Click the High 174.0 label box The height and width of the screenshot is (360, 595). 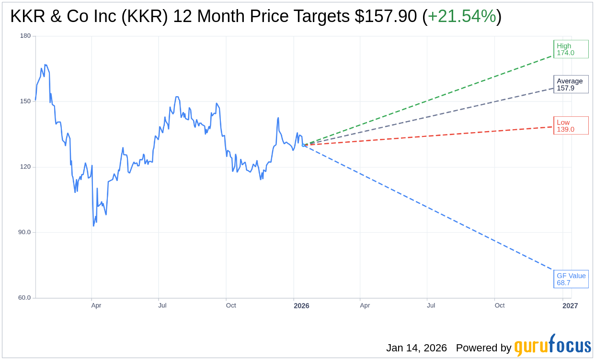tap(571, 49)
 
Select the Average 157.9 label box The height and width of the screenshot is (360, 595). tap(571, 84)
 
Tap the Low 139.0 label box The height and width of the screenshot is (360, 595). tap(571, 126)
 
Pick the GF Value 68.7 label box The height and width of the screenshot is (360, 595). tap(571, 279)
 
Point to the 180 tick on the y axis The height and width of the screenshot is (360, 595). tap(25, 36)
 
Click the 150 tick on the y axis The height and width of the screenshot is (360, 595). tap(25, 101)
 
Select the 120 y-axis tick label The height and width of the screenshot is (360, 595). tap(25, 167)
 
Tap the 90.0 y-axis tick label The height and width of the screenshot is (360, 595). tap(24, 232)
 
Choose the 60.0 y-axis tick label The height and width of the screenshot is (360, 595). tap(24, 298)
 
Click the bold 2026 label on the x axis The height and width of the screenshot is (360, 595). tap(301, 306)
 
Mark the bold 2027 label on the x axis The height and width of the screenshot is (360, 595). tap(570, 306)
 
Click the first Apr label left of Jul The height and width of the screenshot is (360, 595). tap(96, 305)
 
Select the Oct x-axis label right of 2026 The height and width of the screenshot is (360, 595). tap(500, 305)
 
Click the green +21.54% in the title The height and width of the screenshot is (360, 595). tap(461, 16)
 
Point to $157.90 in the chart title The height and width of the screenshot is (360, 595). tap(386, 16)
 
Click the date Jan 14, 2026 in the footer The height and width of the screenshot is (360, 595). tap(416, 348)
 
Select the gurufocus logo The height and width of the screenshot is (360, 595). tap(552, 346)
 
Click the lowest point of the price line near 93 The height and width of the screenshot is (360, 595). tap(94, 226)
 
